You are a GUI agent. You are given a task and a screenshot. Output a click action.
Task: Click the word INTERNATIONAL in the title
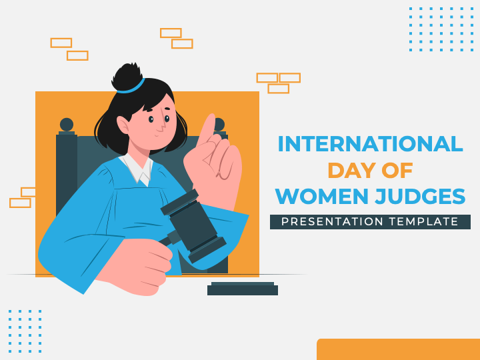point(370,144)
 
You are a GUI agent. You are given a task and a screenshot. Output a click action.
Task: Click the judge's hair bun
point(127,75)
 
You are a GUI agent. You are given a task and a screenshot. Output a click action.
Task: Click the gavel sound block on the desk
point(243,289)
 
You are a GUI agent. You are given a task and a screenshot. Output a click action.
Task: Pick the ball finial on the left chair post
point(67,124)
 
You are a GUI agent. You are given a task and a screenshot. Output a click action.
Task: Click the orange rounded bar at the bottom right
point(398,349)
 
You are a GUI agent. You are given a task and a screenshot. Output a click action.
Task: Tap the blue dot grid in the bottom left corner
point(25,331)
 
